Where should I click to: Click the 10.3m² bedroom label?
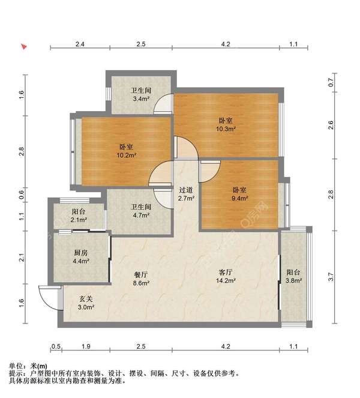coord(226,124)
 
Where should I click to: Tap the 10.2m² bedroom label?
coord(126,150)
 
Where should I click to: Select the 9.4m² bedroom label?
coord(239,194)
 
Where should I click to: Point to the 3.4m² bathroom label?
coord(140,95)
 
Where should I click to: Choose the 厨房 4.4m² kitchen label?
coord(81,256)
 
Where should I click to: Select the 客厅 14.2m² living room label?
coord(226,276)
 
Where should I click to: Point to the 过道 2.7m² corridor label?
coord(186,194)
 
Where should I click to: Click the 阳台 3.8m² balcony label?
coord(293,276)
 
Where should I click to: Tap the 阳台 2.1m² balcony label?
coord(79,216)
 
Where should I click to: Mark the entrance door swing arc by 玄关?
coord(48,295)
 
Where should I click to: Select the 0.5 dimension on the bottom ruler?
coord(56,346)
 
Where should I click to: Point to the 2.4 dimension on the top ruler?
coord(79,44)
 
